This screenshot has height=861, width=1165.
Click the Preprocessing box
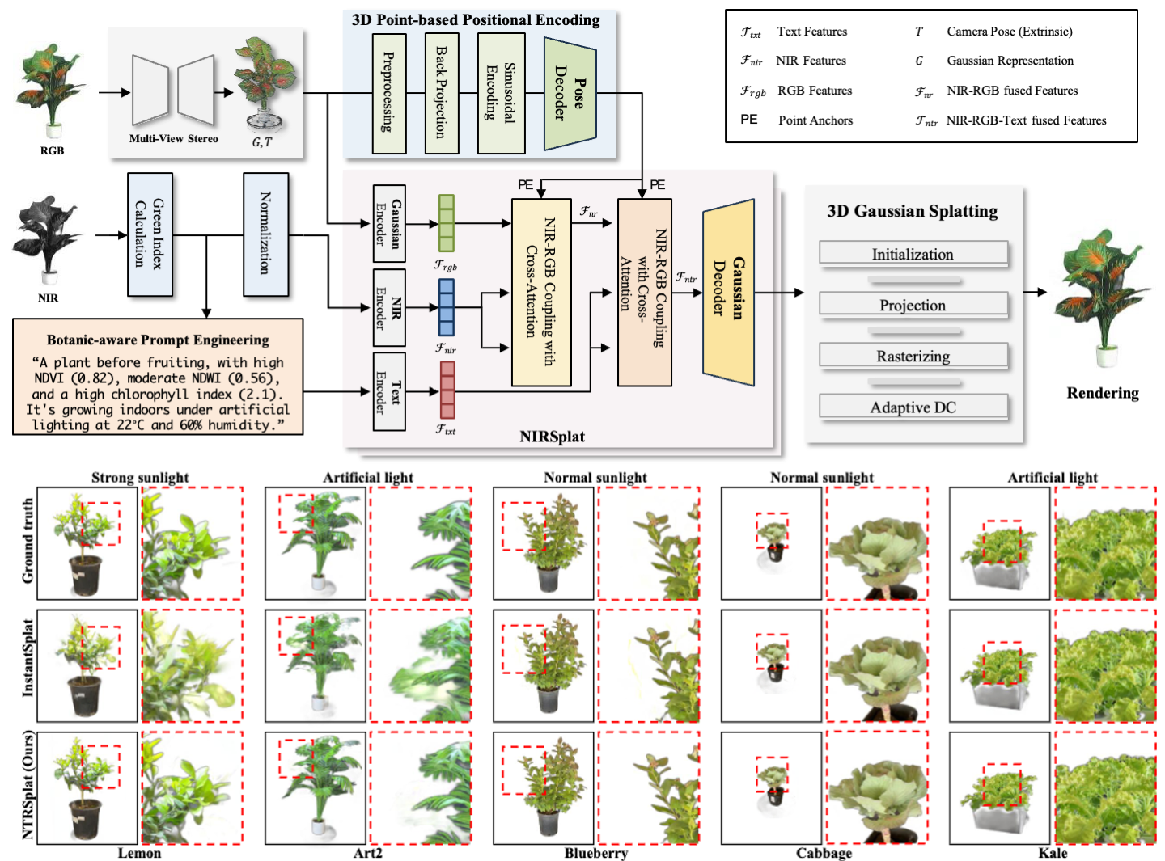pyautogui.click(x=389, y=92)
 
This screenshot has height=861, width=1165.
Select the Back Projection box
pyautogui.click(x=442, y=92)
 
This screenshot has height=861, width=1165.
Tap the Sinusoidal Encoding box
pyautogui.click(x=501, y=92)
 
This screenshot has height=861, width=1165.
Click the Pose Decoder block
pyautogui.click(x=570, y=93)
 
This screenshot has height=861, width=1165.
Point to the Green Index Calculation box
pyautogui.click(x=150, y=234)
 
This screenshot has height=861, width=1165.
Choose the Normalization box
pyautogui.click(x=265, y=234)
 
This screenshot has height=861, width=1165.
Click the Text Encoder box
pyautogui.click(x=389, y=391)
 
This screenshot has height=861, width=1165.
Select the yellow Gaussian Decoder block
pyautogui.click(x=728, y=293)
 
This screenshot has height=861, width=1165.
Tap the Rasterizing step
pyautogui.click(x=913, y=356)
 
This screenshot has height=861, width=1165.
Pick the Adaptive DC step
pyautogui.click(x=913, y=407)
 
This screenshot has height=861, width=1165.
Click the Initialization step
pyautogui.click(x=913, y=254)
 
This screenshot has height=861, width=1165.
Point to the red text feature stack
pyautogui.click(x=447, y=390)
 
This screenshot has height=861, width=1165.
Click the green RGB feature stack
pyautogui.click(x=446, y=223)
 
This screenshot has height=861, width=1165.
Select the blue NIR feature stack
pyautogui.click(x=446, y=307)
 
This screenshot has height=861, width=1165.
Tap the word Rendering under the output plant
pyautogui.click(x=1102, y=393)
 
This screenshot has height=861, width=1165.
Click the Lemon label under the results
pyautogui.click(x=139, y=853)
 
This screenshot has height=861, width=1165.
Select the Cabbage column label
pyautogui.click(x=824, y=853)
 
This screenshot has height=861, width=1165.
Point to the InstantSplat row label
pyautogui.click(x=28, y=657)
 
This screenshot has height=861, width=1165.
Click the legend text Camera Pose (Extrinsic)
pyautogui.click(x=1010, y=32)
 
